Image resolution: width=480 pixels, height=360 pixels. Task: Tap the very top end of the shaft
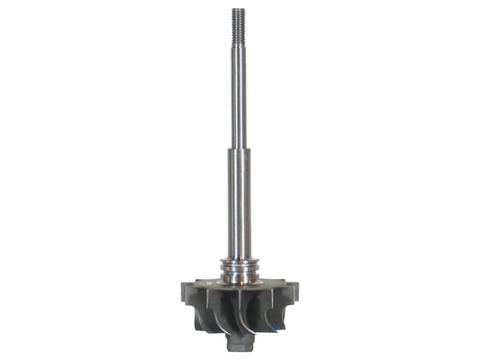(x=239, y=9)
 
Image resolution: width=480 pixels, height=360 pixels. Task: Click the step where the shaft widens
(x=239, y=149)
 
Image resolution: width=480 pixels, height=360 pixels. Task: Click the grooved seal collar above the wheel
(x=239, y=269)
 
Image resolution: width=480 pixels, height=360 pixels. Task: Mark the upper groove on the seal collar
(x=239, y=265)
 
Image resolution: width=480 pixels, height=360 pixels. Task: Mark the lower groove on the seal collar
(x=239, y=273)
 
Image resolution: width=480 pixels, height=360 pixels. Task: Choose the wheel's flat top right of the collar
(x=275, y=284)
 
